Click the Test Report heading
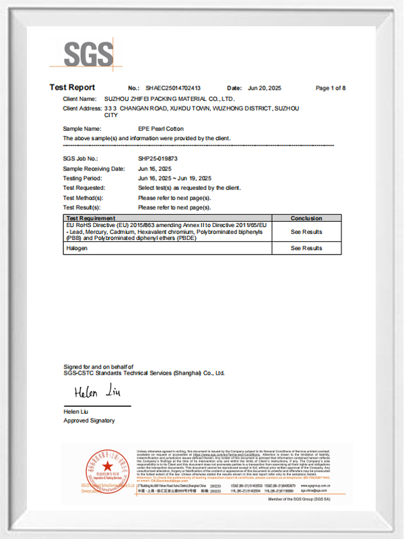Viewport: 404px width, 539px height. (72, 88)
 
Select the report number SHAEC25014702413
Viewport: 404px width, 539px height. (174, 88)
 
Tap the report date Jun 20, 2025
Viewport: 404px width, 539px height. (264, 88)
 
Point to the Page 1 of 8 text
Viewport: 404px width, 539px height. (330, 88)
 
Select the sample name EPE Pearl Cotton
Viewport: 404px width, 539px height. (160, 128)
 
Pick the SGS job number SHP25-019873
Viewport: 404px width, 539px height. (156, 158)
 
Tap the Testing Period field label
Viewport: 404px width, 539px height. (82, 178)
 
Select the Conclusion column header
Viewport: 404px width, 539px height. (306, 218)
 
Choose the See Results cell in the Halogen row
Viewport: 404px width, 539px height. (306, 248)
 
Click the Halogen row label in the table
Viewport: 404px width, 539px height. (77, 248)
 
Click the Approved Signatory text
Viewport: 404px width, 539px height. (89, 420)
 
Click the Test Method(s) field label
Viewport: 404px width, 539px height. (83, 198)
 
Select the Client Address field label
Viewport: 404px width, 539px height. (81, 108)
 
